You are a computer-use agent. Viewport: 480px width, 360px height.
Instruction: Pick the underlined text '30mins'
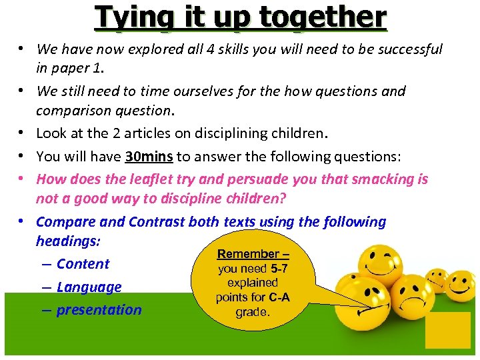pos(149,157)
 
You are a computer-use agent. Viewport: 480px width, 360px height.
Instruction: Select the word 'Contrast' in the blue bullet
pos(159,222)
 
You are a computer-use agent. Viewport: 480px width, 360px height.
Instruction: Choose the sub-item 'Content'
pos(83,264)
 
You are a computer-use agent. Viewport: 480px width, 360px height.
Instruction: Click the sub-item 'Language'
pos(89,287)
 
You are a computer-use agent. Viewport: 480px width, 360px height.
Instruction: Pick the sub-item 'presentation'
pos(99,310)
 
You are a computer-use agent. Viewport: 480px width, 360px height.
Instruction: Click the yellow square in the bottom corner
pos(447,331)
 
